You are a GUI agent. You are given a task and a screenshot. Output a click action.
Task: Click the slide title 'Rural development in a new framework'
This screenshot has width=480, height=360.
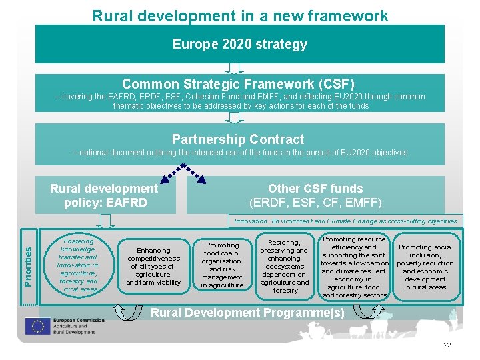240,15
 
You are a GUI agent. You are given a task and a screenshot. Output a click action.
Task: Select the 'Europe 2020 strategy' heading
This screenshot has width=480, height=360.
240,45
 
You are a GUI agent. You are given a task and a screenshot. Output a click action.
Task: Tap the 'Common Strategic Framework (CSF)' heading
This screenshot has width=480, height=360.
239,84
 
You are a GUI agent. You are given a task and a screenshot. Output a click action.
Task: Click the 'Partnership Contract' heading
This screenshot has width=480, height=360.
238,139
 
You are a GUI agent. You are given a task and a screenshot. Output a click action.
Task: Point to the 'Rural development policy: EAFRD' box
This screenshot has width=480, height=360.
104,195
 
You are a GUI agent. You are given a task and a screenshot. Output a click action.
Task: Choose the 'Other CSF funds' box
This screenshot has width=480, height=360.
315,195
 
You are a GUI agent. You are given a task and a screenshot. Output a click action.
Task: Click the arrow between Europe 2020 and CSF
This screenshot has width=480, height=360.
234,68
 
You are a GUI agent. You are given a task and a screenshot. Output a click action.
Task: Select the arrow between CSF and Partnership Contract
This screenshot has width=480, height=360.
234,117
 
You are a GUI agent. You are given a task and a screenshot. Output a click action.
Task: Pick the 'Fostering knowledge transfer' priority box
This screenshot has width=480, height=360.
78,265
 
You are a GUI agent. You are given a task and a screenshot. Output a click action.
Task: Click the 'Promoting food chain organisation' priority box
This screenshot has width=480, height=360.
222,265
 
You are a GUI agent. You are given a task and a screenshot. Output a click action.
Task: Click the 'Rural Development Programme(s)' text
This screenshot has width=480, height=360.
248,313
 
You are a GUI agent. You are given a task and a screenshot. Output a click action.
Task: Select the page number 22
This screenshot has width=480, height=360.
447,345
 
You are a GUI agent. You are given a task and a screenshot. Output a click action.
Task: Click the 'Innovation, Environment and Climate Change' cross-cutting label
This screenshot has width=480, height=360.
344,221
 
